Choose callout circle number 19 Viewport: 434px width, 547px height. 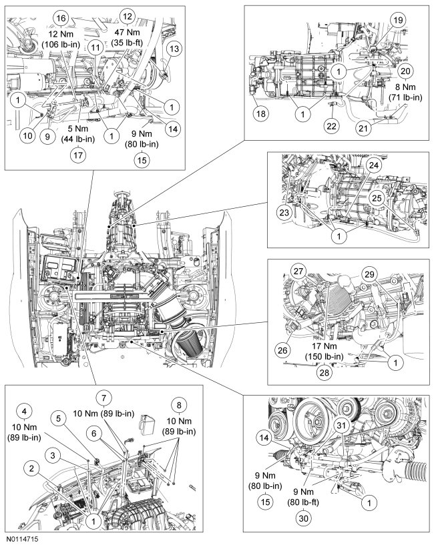coord(398,21)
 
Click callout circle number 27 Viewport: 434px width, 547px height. coord(297,271)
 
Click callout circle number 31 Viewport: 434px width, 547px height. coord(341,426)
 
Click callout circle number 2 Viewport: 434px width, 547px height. coord(31,469)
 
